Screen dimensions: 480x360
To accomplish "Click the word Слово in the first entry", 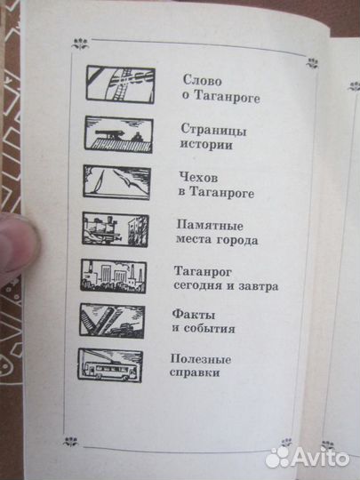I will click(x=198, y=79).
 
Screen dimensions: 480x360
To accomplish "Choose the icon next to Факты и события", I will click(x=113, y=320).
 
